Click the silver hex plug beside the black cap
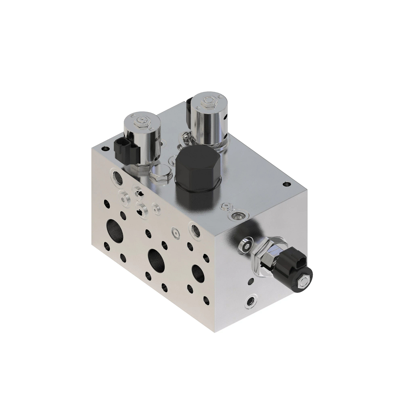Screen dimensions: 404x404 click(x=158, y=175)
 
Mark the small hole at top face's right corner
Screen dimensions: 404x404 click(x=286, y=184)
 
